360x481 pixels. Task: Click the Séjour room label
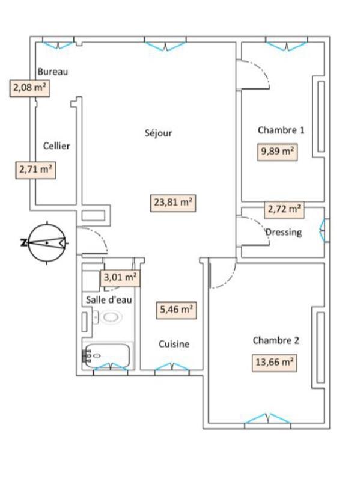coord(158,133)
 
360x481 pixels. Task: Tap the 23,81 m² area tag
coord(173,203)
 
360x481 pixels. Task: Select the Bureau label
coord(53,71)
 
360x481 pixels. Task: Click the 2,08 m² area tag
coord(29,88)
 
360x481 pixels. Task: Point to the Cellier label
coord(56,146)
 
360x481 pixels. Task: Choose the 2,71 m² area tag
coord(35,169)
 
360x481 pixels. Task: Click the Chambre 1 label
coord(281,130)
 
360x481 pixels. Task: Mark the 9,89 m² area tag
coord(277,152)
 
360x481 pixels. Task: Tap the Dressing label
coord(284,232)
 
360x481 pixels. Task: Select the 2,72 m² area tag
coord(284,209)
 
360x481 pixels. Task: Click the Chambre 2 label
coord(276,340)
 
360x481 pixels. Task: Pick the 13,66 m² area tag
coord(273,362)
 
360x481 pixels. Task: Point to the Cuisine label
coord(174,344)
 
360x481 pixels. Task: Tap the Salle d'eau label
coord(108,299)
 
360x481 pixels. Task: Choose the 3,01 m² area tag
coord(121,277)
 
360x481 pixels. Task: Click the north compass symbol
coord(46,243)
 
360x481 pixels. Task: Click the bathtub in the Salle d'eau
coord(107,355)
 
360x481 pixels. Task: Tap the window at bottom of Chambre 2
coord(265,420)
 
